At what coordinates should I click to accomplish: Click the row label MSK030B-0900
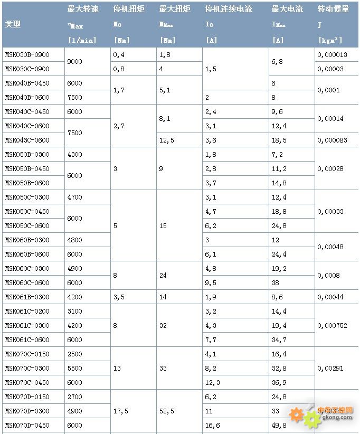coord(27,55)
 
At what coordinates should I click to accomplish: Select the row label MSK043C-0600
coord(27,140)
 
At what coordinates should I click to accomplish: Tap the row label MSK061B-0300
coord(27,297)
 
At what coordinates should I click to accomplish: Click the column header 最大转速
coord(83,9)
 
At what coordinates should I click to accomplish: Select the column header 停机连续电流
coord(229,9)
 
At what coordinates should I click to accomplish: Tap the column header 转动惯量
coord(333,9)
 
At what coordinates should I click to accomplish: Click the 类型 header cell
coord(13,24)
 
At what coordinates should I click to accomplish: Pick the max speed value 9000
coord(75,62)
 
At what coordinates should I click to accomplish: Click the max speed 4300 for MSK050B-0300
coord(75,155)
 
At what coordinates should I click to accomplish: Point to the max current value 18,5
coord(279,140)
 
